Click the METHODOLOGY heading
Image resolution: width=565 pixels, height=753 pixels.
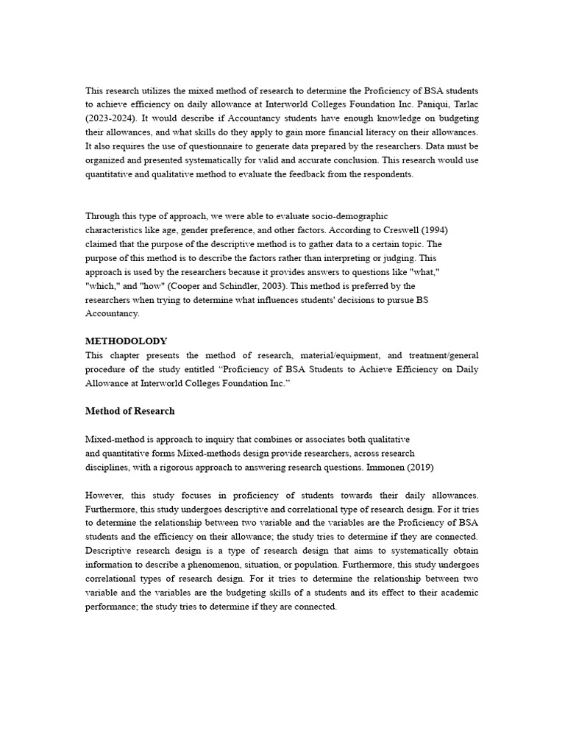tap(126, 341)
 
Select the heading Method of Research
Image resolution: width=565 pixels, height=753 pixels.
tap(129, 411)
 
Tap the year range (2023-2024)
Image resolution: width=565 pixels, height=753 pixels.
tap(113, 118)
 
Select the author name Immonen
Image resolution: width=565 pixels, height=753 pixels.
tap(404, 468)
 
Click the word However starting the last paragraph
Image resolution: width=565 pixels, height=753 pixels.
tap(104, 496)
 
